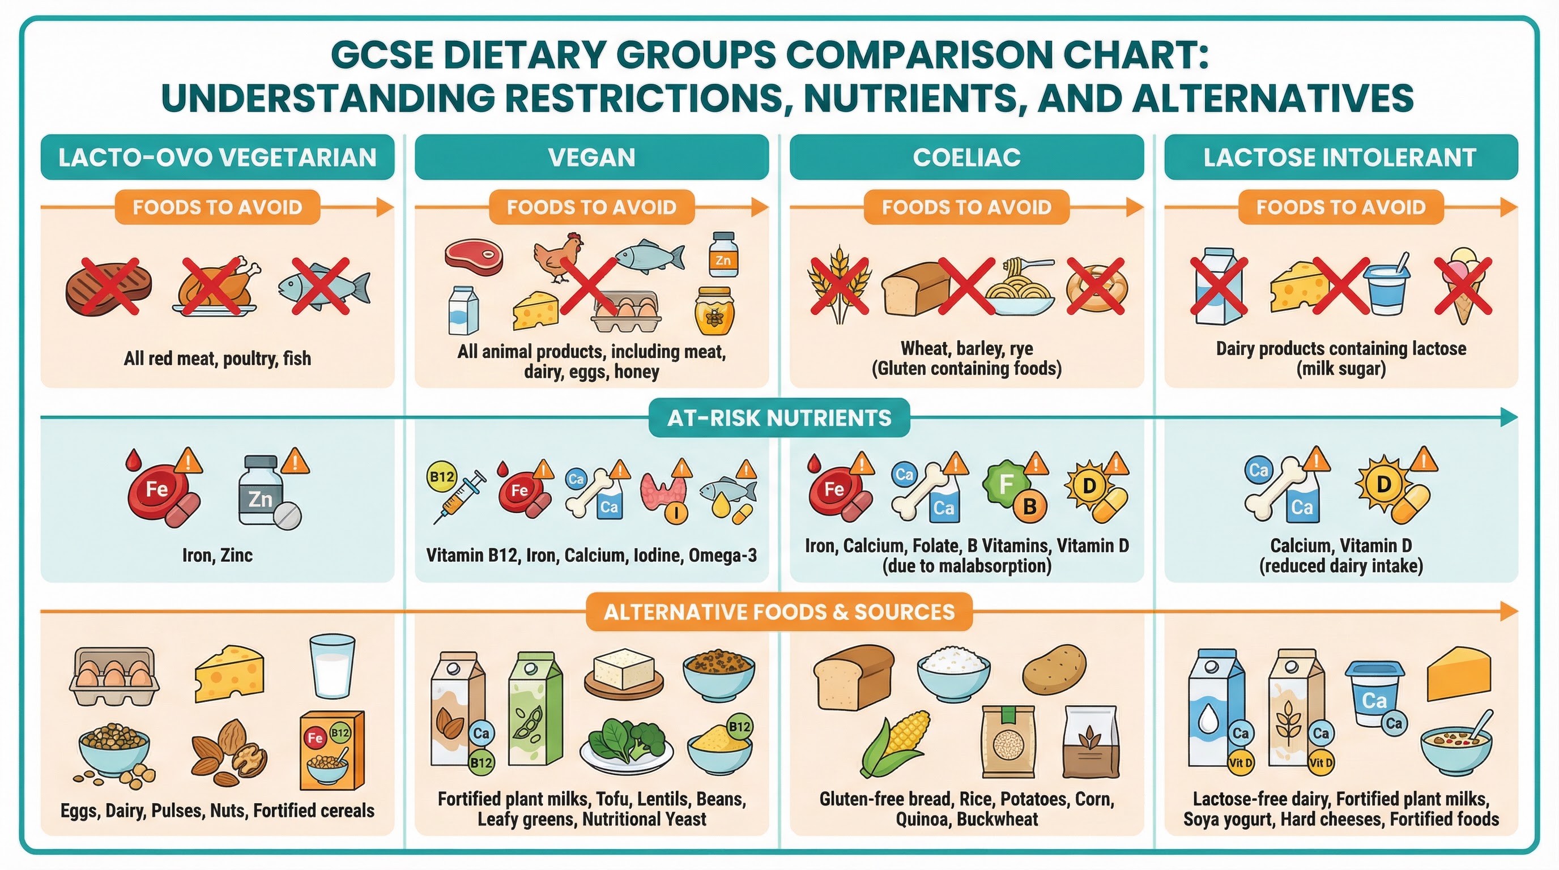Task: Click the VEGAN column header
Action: [591, 157]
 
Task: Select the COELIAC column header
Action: [966, 157]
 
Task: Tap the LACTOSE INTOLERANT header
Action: [1340, 157]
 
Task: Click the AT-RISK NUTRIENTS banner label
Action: [779, 418]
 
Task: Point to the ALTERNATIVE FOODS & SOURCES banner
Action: [779, 612]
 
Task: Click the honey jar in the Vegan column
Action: [715, 311]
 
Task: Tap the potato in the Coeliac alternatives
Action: [1054, 669]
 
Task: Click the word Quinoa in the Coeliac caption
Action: [922, 819]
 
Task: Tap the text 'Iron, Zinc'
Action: [218, 555]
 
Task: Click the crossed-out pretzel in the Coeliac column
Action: [1096, 286]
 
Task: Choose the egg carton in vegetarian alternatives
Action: [114, 676]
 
